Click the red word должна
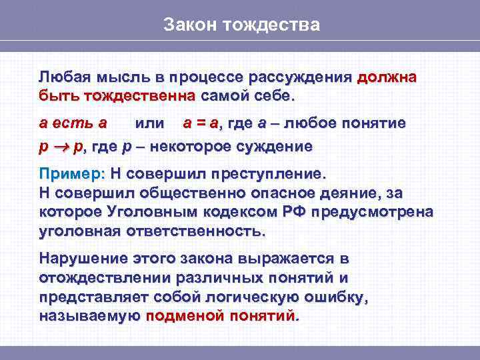click(x=387, y=77)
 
